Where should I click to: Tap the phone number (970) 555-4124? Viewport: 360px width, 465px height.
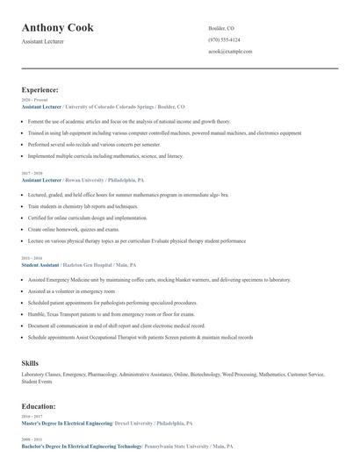(224, 39)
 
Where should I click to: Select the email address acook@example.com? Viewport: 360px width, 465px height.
(230, 52)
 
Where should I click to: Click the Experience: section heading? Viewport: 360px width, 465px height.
(40, 89)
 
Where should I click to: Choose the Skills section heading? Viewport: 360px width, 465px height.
(30, 362)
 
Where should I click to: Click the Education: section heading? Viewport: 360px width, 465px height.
(39, 406)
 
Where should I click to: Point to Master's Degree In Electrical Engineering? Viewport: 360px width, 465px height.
(67, 423)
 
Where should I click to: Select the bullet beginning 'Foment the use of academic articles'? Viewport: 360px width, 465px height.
(129, 122)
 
